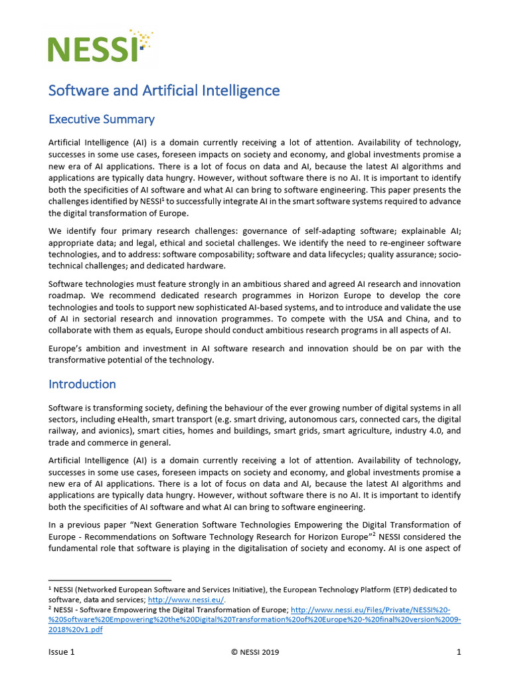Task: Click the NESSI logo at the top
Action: (x=100, y=44)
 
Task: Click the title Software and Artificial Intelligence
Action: (x=164, y=90)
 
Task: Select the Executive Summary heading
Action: (x=102, y=120)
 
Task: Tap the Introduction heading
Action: (x=82, y=384)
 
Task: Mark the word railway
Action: (x=64, y=432)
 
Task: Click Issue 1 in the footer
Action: (x=62, y=652)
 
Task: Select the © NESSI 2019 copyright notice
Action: (x=255, y=652)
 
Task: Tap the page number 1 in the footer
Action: (x=458, y=652)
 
